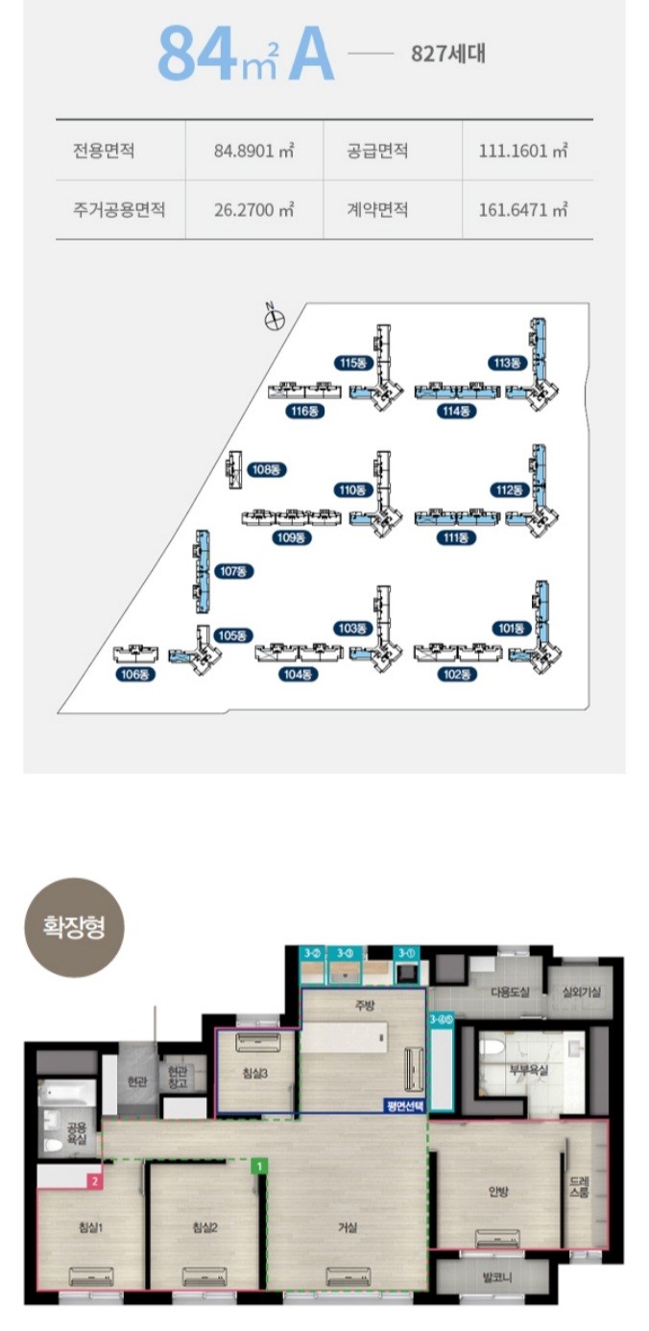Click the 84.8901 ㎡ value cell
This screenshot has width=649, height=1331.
(x=253, y=151)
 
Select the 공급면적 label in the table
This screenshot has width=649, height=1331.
(x=378, y=151)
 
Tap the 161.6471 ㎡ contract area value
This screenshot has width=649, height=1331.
(x=523, y=209)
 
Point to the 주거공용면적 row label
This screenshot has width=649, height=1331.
(x=119, y=209)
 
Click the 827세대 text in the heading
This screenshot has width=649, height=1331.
(x=447, y=53)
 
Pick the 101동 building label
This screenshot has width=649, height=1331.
(x=512, y=630)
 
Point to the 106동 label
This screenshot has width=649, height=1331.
(x=136, y=675)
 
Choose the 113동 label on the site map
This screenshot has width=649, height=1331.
(x=505, y=363)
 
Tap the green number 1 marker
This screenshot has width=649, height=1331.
(x=258, y=1167)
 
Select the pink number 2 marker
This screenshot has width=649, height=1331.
(x=94, y=1182)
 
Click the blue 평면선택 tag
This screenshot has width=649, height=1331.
(x=406, y=1105)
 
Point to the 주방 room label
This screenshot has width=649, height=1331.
(x=362, y=1007)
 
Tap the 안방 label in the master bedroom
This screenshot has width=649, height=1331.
(x=497, y=1193)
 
